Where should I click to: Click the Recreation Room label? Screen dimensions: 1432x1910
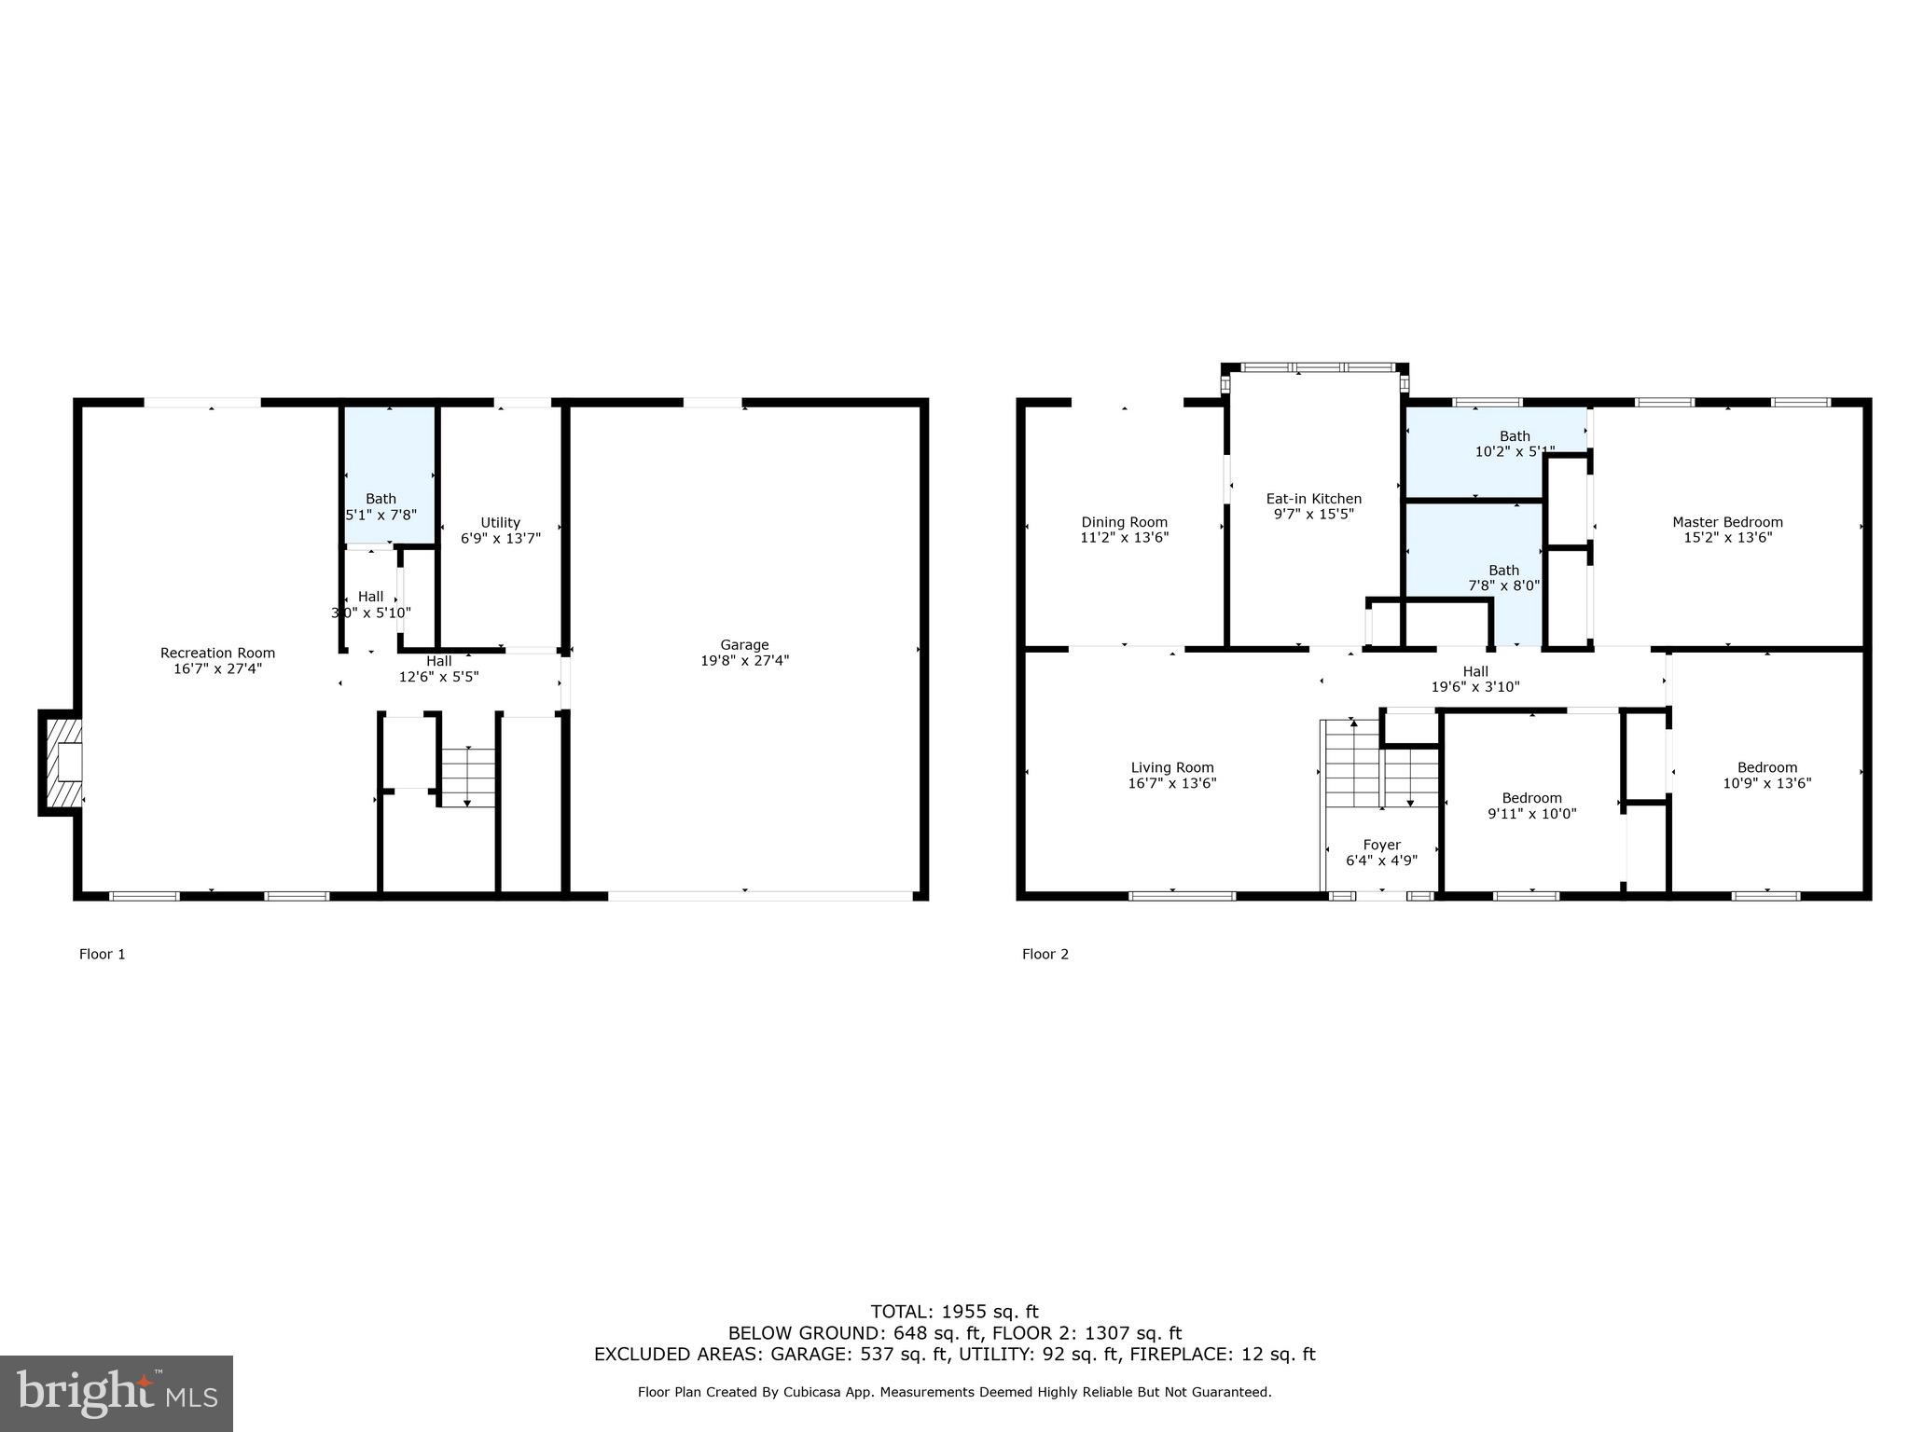tap(217, 654)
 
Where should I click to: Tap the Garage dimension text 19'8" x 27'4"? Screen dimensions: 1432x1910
tap(744, 660)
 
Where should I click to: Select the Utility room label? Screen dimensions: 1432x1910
tap(500, 522)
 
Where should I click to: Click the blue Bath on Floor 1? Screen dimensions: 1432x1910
tap(389, 475)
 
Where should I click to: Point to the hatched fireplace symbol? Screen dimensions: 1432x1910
tap(62, 763)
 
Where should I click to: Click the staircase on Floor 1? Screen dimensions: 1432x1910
tap(467, 776)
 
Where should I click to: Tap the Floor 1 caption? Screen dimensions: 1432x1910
tap(102, 954)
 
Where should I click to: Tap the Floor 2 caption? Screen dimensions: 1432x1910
tap(1045, 954)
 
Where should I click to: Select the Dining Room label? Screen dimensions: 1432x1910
tap(1124, 522)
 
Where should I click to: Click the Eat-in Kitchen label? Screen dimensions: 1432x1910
tap(1313, 499)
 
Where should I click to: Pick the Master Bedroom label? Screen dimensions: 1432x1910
tap(1727, 522)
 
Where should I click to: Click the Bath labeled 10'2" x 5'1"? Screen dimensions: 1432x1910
tap(1514, 444)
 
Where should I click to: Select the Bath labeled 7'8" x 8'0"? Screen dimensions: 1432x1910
tap(1503, 578)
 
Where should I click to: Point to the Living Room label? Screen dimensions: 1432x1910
tap(1171, 768)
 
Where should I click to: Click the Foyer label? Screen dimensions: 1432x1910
tap(1381, 846)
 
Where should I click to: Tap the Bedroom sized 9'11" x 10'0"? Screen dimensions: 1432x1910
tap(1531, 805)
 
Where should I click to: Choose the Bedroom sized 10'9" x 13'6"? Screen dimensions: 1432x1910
tap(1766, 776)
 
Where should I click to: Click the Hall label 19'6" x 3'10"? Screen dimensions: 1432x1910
tap(1474, 679)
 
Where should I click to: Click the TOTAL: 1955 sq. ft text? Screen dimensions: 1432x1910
tap(953, 1312)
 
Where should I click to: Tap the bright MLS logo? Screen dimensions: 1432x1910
tap(117, 1393)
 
